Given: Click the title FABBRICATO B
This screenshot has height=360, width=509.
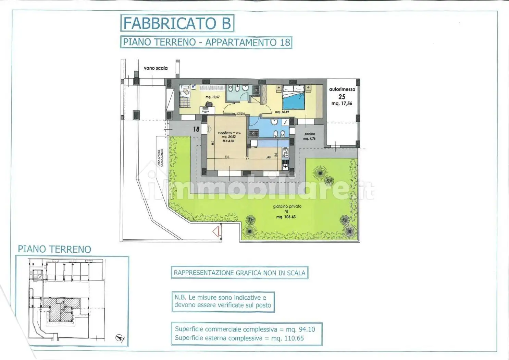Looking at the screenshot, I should (x=177, y=23).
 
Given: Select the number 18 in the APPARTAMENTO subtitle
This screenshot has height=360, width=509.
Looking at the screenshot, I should (x=285, y=43).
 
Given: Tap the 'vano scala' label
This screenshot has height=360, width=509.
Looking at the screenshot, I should (x=156, y=68).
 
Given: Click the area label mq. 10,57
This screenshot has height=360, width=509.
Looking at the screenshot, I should (x=212, y=97).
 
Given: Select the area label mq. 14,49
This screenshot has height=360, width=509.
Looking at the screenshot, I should (x=282, y=112).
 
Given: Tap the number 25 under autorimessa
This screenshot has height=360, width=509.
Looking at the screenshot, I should (x=342, y=97).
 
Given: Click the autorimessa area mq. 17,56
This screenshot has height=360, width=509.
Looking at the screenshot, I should (x=342, y=104).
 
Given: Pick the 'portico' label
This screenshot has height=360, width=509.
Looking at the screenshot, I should (x=309, y=134).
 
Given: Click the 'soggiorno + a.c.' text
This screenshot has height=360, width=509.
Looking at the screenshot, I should (x=229, y=132).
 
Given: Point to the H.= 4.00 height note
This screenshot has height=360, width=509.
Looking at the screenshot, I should (x=228, y=141).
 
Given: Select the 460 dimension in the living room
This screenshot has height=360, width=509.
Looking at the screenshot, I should (x=213, y=143).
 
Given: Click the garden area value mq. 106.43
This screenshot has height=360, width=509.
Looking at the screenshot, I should (x=286, y=217).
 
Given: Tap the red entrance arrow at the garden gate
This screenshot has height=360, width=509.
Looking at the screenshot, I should (x=216, y=232).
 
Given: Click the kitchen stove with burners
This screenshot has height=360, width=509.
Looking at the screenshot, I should (x=285, y=152).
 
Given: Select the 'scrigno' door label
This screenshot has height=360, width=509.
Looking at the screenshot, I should (x=240, y=113).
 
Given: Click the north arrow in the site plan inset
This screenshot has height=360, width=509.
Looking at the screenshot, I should (x=120, y=338).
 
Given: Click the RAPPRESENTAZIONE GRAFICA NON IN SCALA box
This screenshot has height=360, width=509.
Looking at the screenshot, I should (x=239, y=273).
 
